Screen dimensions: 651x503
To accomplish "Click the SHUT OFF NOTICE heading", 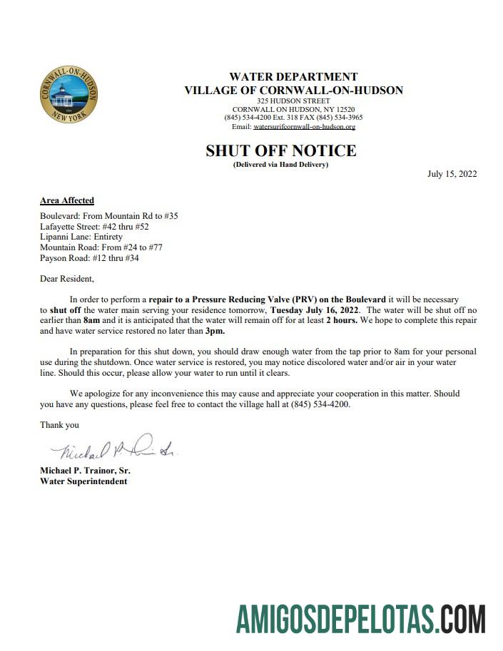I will pos(280,150).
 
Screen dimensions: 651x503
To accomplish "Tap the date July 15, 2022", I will pos(452,173).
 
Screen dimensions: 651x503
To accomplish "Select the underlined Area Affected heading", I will pos(67,200).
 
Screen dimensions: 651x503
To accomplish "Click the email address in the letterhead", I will pos(304,127).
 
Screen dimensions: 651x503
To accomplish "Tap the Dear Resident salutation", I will pos(66,279).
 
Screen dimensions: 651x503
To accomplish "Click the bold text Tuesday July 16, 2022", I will pos(319,310).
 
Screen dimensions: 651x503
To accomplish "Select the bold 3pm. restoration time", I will pos(214,332).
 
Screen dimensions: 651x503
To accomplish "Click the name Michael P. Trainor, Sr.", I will pos(85,471).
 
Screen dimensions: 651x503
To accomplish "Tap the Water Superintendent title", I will pos(83,481).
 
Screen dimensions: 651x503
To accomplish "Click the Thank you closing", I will pos(59,425).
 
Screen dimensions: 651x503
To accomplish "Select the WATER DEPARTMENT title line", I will pos(293,77).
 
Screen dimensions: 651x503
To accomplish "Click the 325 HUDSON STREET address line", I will pos(293,101).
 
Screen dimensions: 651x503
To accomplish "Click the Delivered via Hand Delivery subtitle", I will pos(280,165).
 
